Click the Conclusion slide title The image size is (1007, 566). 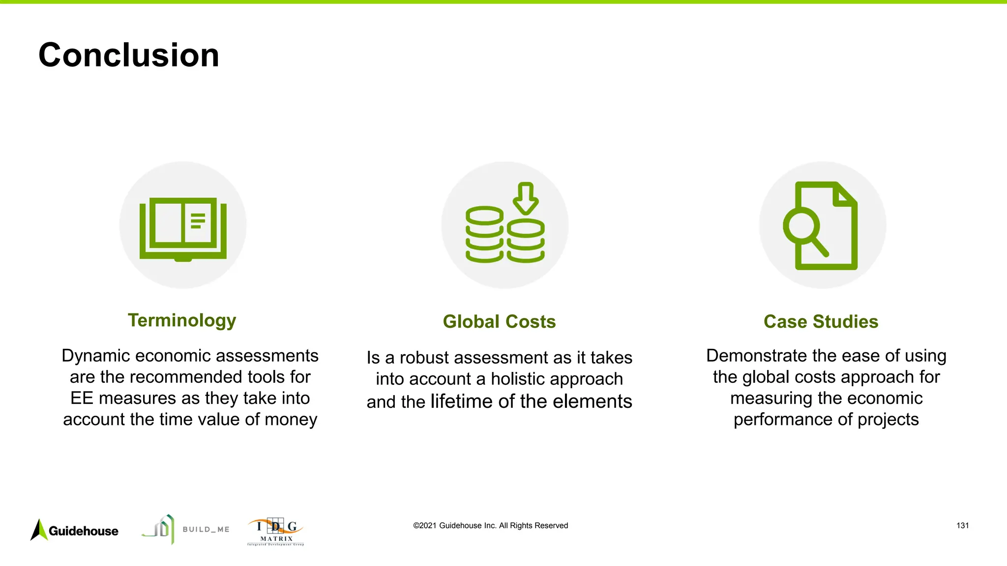129,55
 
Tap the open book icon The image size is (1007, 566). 183,228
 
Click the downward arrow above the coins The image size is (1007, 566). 526,198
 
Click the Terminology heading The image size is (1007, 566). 182,320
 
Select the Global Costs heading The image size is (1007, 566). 499,322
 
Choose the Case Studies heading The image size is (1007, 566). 821,322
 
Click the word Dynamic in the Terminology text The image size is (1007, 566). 95,356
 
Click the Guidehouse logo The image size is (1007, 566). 75,531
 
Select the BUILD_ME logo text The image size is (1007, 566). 206,530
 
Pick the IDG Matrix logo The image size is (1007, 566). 276,532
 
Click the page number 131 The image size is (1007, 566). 962,526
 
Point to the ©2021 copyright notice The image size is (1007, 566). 490,526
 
